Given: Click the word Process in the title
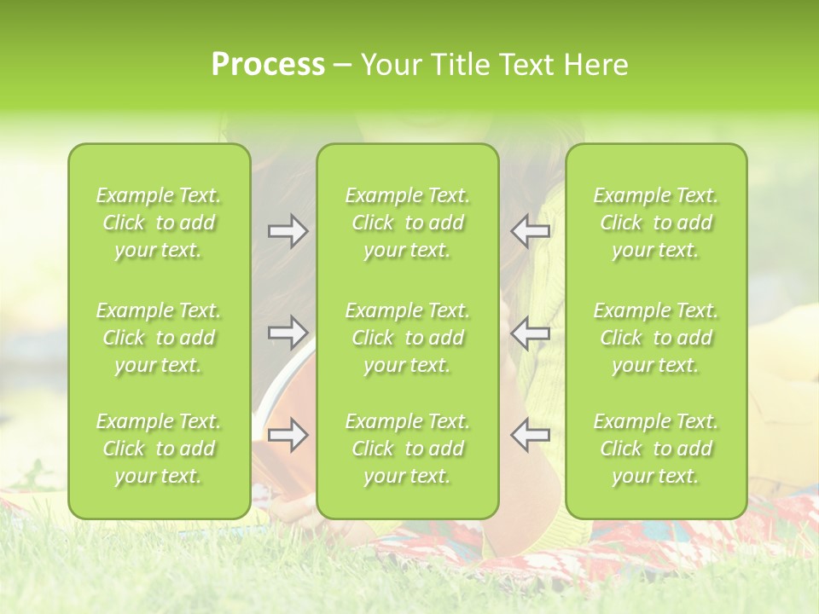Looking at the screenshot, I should click(x=268, y=65).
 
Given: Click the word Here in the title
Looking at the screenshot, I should click(x=595, y=65).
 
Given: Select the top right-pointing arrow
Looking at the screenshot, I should click(x=288, y=231).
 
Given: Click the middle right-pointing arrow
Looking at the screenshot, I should click(x=288, y=332).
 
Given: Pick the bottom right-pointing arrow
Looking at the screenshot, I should click(x=288, y=436).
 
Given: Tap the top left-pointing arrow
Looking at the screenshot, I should click(x=531, y=231).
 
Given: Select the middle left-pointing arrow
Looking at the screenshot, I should click(x=531, y=332).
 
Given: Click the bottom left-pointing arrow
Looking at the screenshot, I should click(x=531, y=436).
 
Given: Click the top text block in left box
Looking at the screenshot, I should click(x=159, y=223).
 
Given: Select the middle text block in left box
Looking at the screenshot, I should click(x=159, y=338).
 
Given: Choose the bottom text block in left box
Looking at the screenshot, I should click(x=159, y=449).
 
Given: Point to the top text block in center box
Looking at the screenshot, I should click(x=407, y=223).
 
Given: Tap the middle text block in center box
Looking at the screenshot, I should click(x=407, y=338).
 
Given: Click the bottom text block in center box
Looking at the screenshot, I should click(x=407, y=449).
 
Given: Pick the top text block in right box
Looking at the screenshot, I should click(x=655, y=223).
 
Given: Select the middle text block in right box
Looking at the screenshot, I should click(x=655, y=338).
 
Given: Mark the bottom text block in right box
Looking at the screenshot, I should click(x=655, y=449).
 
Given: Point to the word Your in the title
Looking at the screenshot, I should click(x=390, y=65).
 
